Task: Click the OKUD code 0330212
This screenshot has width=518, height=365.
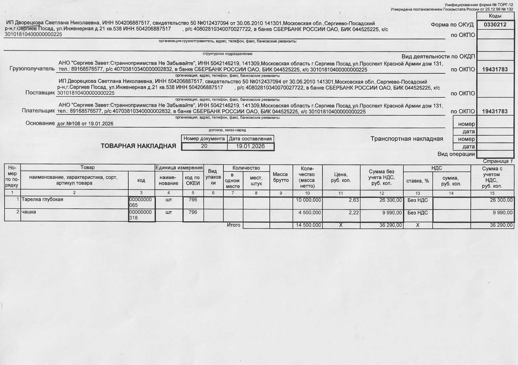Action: [x=495, y=25]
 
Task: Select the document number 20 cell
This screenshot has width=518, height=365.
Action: [x=204, y=146]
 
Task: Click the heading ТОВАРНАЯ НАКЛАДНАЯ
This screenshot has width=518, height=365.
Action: [x=138, y=146]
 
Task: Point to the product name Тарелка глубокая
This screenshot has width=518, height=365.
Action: [x=42, y=200]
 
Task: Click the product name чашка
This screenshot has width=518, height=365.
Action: [x=28, y=212]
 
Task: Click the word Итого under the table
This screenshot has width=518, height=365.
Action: [x=233, y=225]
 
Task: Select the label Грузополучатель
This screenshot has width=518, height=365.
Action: [x=32, y=69]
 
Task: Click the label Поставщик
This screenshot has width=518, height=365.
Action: [x=40, y=93]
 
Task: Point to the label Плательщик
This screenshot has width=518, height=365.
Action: [x=38, y=111]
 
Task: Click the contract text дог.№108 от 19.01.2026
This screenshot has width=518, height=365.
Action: [x=85, y=124]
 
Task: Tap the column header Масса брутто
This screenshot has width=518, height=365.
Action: [x=280, y=177]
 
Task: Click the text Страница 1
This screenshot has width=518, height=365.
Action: [x=498, y=161]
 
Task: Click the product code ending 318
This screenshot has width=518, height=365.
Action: [x=141, y=215]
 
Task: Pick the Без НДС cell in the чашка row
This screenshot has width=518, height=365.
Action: [x=418, y=213]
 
